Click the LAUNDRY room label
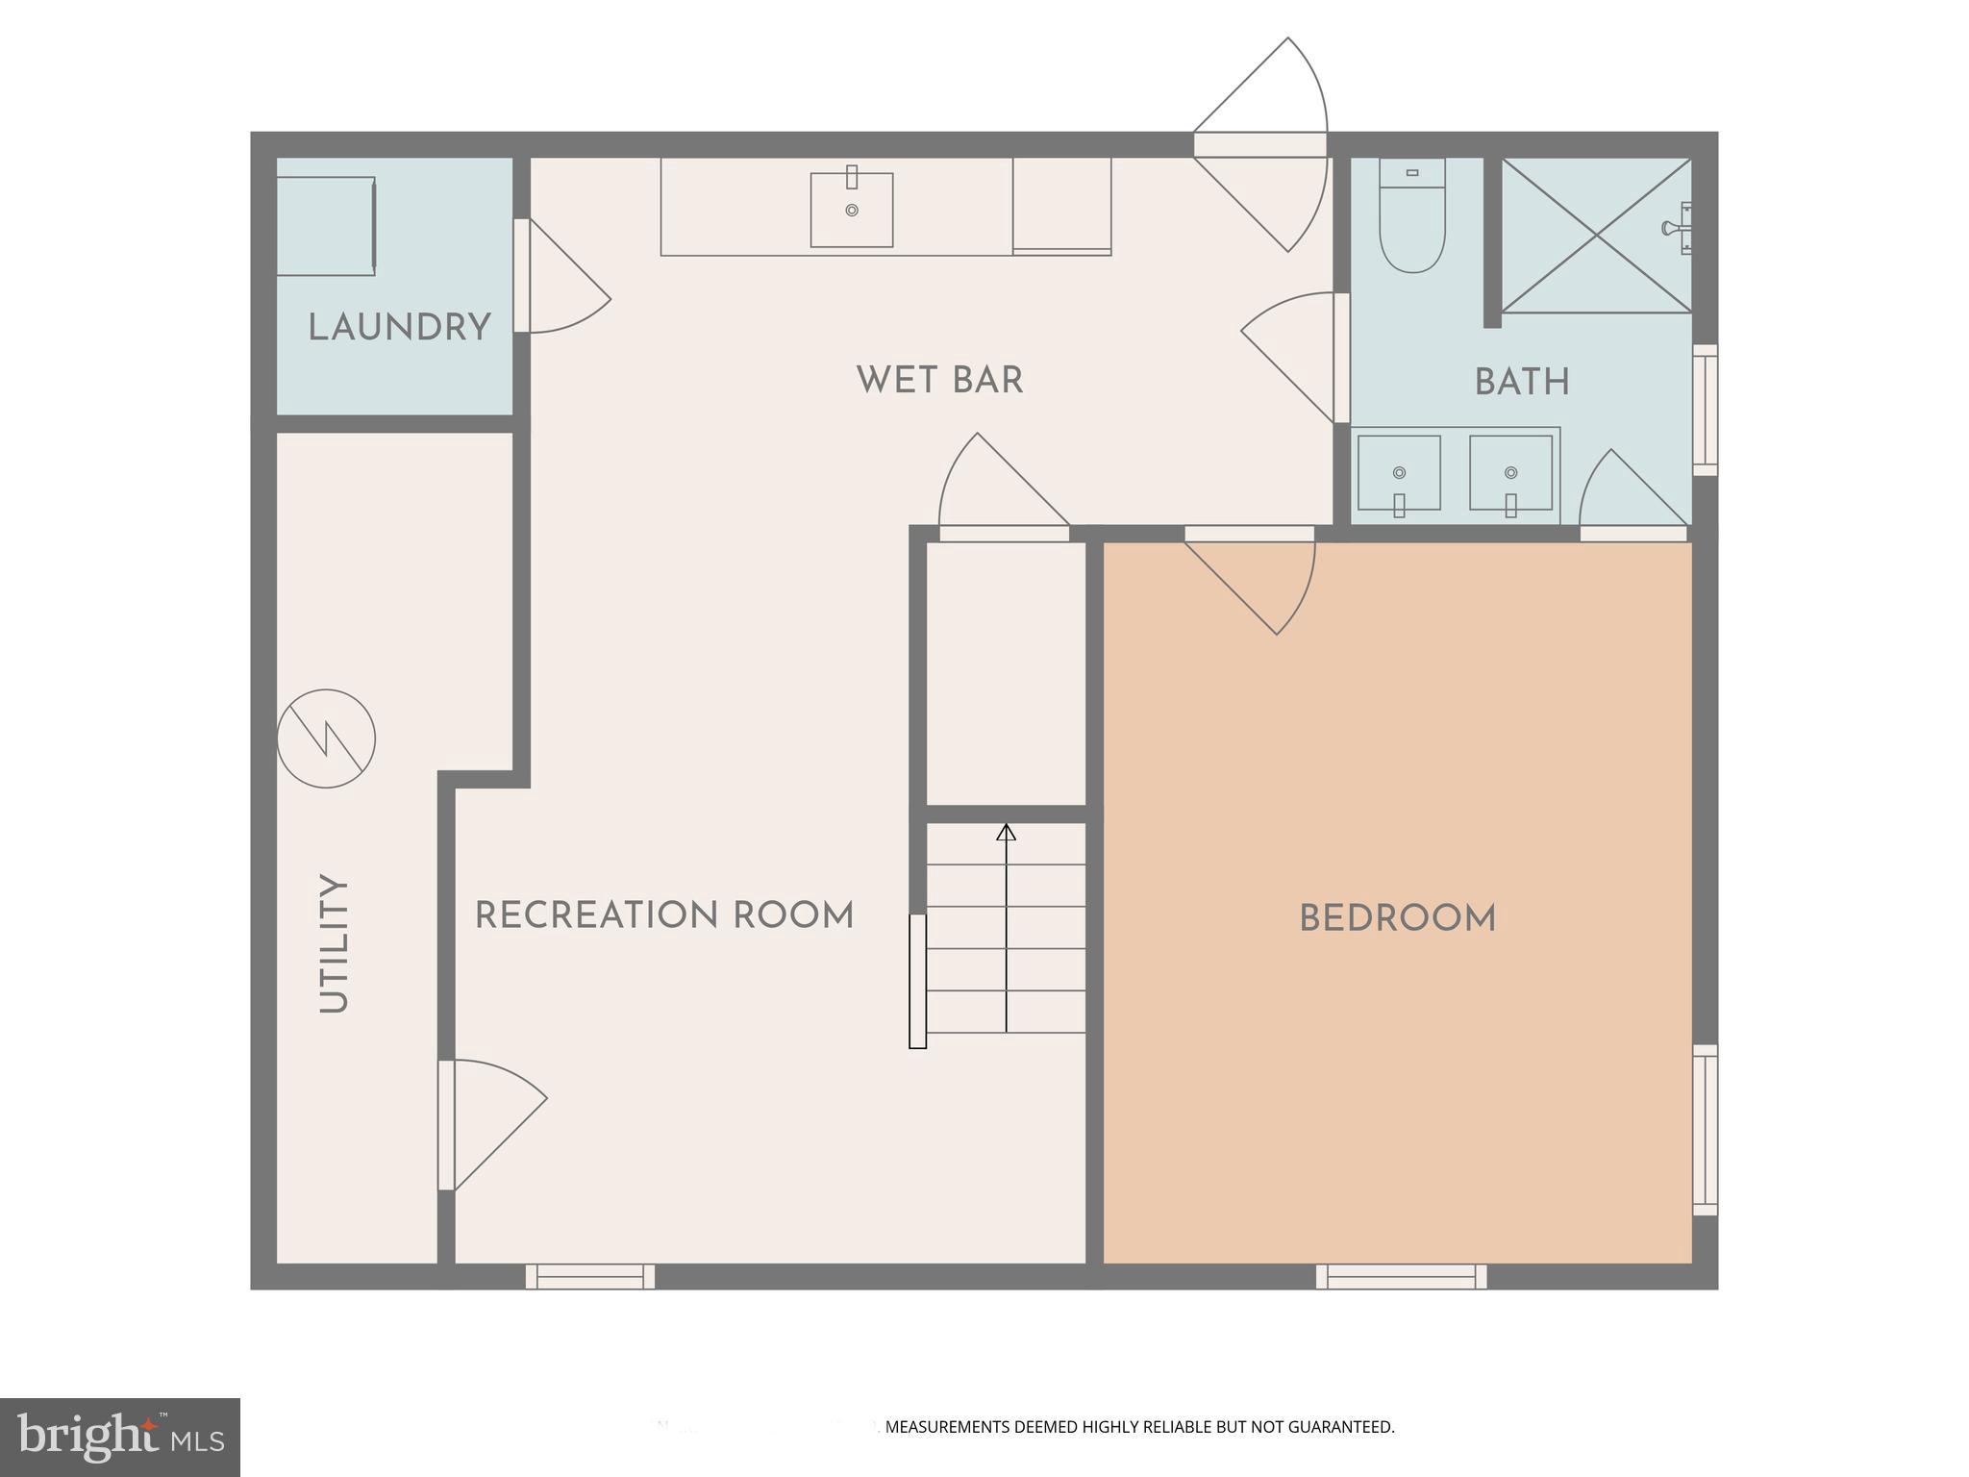click(399, 328)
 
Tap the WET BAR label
click(939, 380)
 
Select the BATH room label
click(1522, 383)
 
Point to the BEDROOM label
click(1397, 919)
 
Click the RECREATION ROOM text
click(664, 915)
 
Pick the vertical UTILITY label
click(334, 943)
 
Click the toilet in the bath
click(1412, 216)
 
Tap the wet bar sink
click(852, 210)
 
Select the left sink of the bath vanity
click(1399, 473)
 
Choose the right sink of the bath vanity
click(1510, 473)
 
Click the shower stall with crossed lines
click(1596, 236)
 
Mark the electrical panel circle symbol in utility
click(326, 738)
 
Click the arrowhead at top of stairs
click(1006, 832)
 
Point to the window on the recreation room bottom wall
click(590, 1276)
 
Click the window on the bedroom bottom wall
click(1401, 1276)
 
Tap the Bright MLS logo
click(119, 1437)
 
